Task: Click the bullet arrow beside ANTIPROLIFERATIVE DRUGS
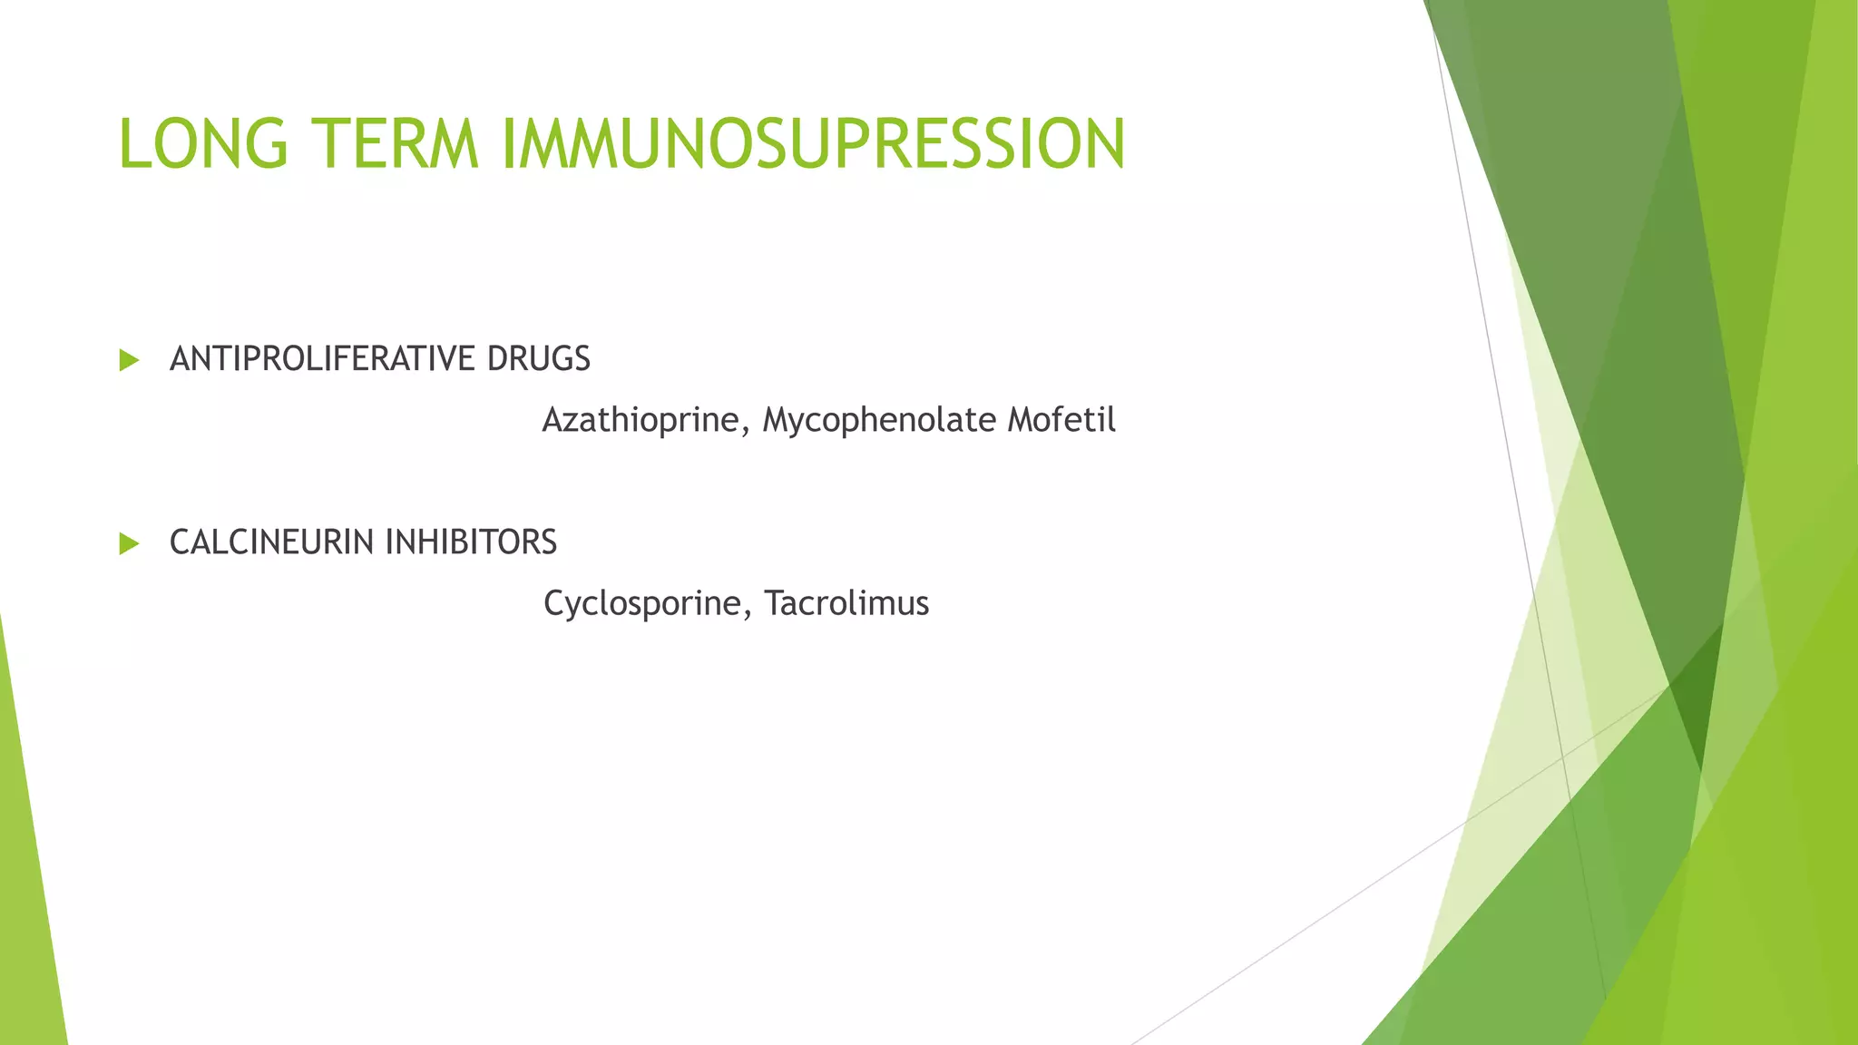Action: click(129, 360)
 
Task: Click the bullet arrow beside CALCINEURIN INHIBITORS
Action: click(129, 543)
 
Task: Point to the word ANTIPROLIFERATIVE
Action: click(322, 359)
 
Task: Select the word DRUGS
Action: click(538, 359)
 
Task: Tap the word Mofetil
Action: click(1061, 420)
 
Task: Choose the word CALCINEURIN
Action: click(272, 542)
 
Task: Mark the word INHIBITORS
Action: click(471, 542)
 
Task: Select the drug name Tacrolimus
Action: click(846, 603)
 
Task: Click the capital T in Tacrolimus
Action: click(774, 602)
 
